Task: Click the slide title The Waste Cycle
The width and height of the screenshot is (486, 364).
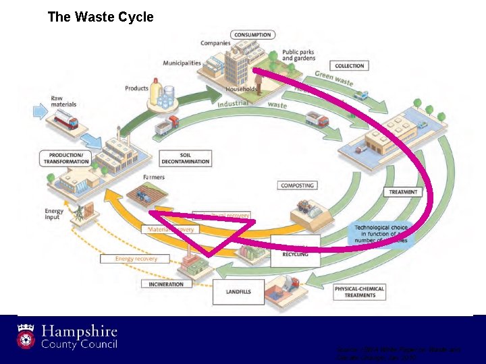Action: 101,17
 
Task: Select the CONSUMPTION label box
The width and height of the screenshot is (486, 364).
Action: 252,34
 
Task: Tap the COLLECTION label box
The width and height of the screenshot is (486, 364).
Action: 350,65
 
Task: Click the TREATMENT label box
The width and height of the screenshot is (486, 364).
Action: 404,192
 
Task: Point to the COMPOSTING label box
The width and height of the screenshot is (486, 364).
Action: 297,185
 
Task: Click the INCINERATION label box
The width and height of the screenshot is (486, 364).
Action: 167,284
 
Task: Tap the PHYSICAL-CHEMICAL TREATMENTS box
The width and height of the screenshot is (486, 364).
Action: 360,292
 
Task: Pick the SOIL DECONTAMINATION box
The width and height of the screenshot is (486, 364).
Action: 186,158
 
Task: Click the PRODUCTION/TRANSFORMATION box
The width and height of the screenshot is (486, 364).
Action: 66,158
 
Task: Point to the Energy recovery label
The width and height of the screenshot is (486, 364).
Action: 136,258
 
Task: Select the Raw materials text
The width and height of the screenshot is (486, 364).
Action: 63,101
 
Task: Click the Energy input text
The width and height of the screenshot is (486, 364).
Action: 54,214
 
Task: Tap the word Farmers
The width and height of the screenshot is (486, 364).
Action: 154,178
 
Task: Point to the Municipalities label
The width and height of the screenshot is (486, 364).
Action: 182,63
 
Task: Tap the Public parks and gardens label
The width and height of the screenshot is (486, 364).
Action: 298,55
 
